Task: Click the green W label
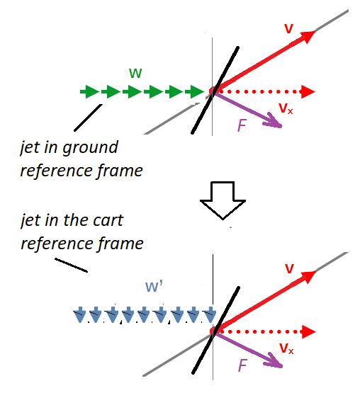point(135,73)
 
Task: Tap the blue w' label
point(154,286)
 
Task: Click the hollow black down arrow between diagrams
point(223,200)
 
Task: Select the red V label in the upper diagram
point(288,28)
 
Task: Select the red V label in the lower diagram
point(289,268)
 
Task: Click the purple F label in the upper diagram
point(242,125)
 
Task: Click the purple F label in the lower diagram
point(242,365)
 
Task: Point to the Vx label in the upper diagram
point(286,109)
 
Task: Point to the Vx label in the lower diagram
point(286,348)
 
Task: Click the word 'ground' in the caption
point(90,147)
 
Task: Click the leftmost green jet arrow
point(89,92)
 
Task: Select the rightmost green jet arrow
point(195,92)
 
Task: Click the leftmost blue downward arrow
point(80,314)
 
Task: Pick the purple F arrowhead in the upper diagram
point(274,121)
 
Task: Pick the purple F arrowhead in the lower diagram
point(274,361)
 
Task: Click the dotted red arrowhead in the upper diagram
point(308,92)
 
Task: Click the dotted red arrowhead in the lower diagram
point(308,332)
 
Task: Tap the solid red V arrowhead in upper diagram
point(308,37)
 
